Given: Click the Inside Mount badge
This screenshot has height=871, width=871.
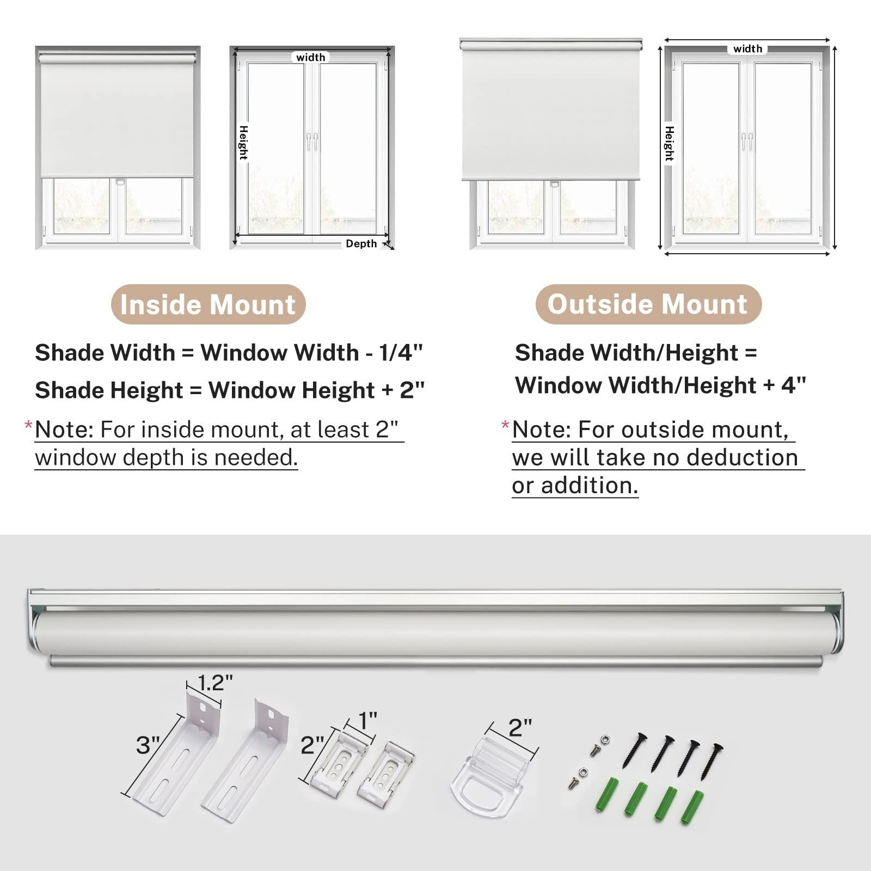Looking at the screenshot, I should pos(208,304).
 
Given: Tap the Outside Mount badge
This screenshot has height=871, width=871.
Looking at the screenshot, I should pos(648,304).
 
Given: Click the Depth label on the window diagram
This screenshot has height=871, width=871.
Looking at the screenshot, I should pos(361,244).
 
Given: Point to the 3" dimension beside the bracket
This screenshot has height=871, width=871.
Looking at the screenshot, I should pos(148,745).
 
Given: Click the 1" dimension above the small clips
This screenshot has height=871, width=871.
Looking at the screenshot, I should pos(367,721).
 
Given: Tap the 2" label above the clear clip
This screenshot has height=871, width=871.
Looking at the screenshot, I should pos(520,728).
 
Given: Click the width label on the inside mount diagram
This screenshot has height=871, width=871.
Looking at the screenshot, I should pos(311,57).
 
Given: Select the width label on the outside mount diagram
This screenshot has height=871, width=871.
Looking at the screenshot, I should pos(747,49).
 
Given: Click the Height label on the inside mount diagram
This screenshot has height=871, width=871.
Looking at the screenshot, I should pos(243,143).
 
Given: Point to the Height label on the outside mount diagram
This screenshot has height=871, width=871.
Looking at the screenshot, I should pos(669,144).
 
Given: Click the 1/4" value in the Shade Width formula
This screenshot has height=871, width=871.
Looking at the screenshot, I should pos(401,353).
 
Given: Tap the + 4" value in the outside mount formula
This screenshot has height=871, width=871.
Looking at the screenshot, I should pos(784,385).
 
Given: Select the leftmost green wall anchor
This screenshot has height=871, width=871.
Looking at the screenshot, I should pos(605,797).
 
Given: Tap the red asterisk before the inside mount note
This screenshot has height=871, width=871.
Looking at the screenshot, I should pos(28,426).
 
